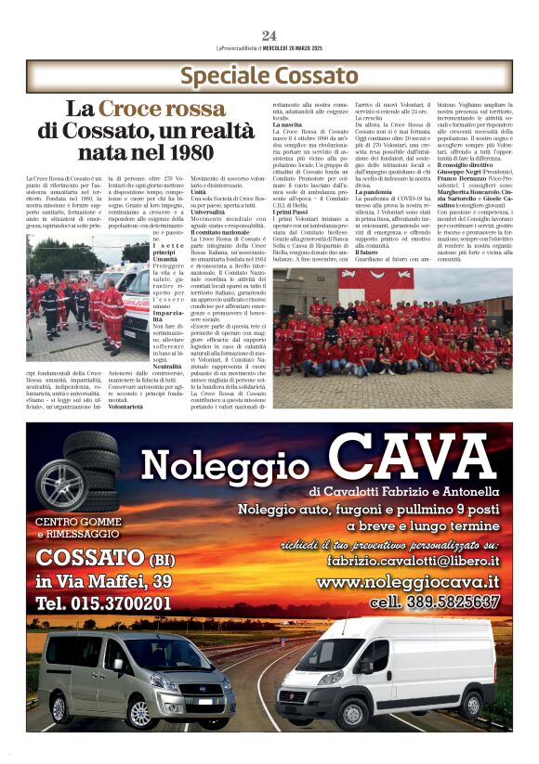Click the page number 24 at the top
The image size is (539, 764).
[269, 35]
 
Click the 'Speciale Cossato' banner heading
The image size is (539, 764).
[268, 75]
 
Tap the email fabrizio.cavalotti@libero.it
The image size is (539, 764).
[413, 561]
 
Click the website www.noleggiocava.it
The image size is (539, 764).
[408, 582]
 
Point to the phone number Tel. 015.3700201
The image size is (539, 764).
[103, 603]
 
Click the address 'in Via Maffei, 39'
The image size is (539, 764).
[103, 581]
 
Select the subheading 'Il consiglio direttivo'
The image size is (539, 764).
[470, 165]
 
